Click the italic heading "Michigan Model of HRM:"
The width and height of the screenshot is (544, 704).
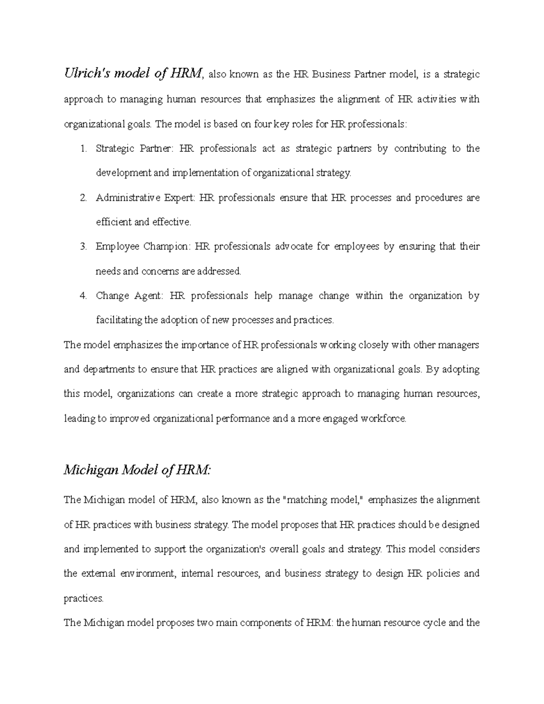click(x=137, y=471)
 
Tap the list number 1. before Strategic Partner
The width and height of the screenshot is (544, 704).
click(x=83, y=149)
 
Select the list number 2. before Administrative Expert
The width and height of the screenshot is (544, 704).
click(x=83, y=198)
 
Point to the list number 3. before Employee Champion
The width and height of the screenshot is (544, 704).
click(x=83, y=247)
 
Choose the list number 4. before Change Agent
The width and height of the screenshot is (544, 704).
click(x=83, y=296)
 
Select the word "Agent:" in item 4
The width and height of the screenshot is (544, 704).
click(x=148, y=296)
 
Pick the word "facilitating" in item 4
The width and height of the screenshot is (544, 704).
click(x=119, y=320)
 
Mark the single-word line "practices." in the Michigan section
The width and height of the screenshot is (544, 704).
click(x=83, y=598)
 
